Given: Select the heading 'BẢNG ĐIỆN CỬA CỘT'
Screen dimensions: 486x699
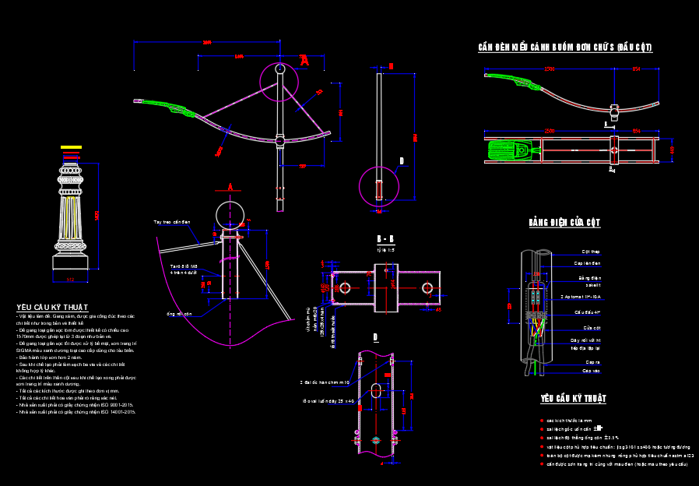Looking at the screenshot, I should click(564, 223).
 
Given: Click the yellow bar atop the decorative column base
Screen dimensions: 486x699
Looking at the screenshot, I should click(71, 146).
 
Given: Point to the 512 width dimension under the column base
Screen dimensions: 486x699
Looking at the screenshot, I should click(70, 279).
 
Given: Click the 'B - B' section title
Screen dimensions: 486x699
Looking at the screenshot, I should click(385, 239).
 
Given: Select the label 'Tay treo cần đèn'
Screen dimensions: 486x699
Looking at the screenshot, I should click(172, 222).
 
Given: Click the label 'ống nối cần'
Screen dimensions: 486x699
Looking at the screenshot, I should click(178, 314).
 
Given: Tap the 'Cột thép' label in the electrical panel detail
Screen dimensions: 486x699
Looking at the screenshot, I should click(590, 252).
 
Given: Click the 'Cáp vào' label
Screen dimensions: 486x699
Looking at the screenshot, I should click(591, 371).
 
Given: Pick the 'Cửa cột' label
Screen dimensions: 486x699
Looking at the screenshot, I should click(591, 328).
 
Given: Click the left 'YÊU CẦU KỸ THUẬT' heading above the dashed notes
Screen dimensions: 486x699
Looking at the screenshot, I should click(52, 308).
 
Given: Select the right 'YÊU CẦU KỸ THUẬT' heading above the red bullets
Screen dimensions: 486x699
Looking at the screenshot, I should click(573, 399).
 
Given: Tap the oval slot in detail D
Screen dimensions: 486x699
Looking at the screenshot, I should click(375, 390).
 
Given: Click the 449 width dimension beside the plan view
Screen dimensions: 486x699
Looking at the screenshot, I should click(672, 150).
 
